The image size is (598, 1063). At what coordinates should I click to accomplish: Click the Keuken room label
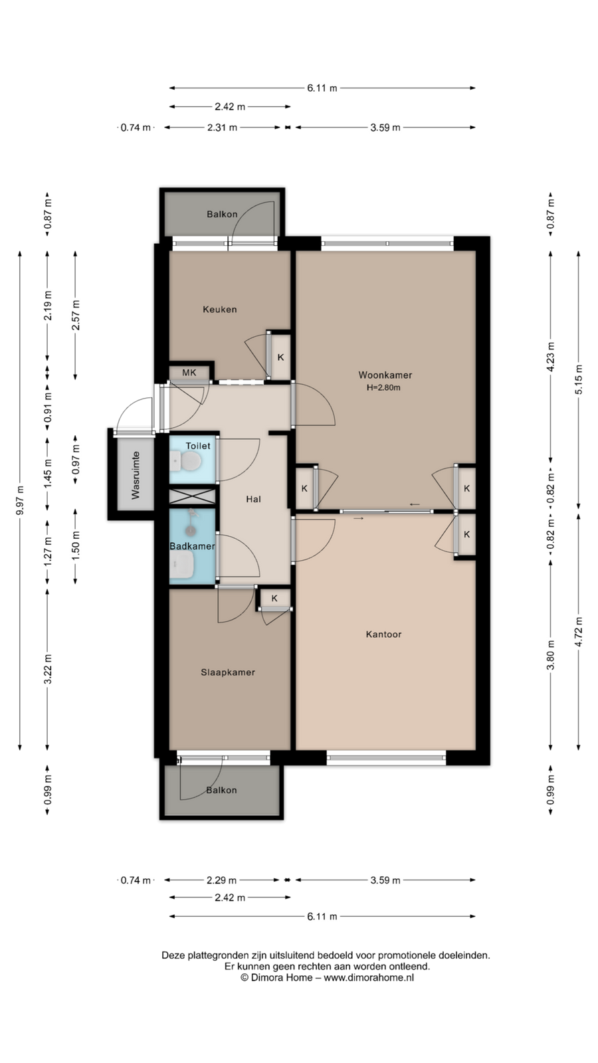(x=220, y=310)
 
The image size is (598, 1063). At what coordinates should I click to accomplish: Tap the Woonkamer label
(x=385, y=375)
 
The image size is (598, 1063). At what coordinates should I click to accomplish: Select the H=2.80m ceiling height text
(x=383, y=388)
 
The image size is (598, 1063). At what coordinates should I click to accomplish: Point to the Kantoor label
(x=383, y=634)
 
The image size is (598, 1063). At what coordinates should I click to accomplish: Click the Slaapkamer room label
(x=228, y=672)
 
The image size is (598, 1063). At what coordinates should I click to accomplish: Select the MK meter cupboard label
(x=189, y=373)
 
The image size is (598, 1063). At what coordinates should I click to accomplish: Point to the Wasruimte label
(x=136, y=475)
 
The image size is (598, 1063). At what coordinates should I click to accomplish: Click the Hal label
(x=253, y=499)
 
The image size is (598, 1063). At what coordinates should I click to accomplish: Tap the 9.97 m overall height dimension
(x=20, y=501)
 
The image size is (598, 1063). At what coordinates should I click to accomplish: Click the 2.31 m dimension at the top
(x=222, y=127)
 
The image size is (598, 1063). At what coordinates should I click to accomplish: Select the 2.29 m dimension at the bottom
(x=222, y=880)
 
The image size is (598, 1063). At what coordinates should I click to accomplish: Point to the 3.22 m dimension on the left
(x=47, y=668)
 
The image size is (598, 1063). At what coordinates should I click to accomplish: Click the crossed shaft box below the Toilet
(x=193, y=496)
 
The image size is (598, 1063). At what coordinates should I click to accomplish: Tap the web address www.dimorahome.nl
(x=369, y=977)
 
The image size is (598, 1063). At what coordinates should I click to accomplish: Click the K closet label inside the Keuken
(x=280, y=357)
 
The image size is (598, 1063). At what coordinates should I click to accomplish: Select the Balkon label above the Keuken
(x=222, y=214)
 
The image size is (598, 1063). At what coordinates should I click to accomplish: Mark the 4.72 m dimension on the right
(x=578, y=631)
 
